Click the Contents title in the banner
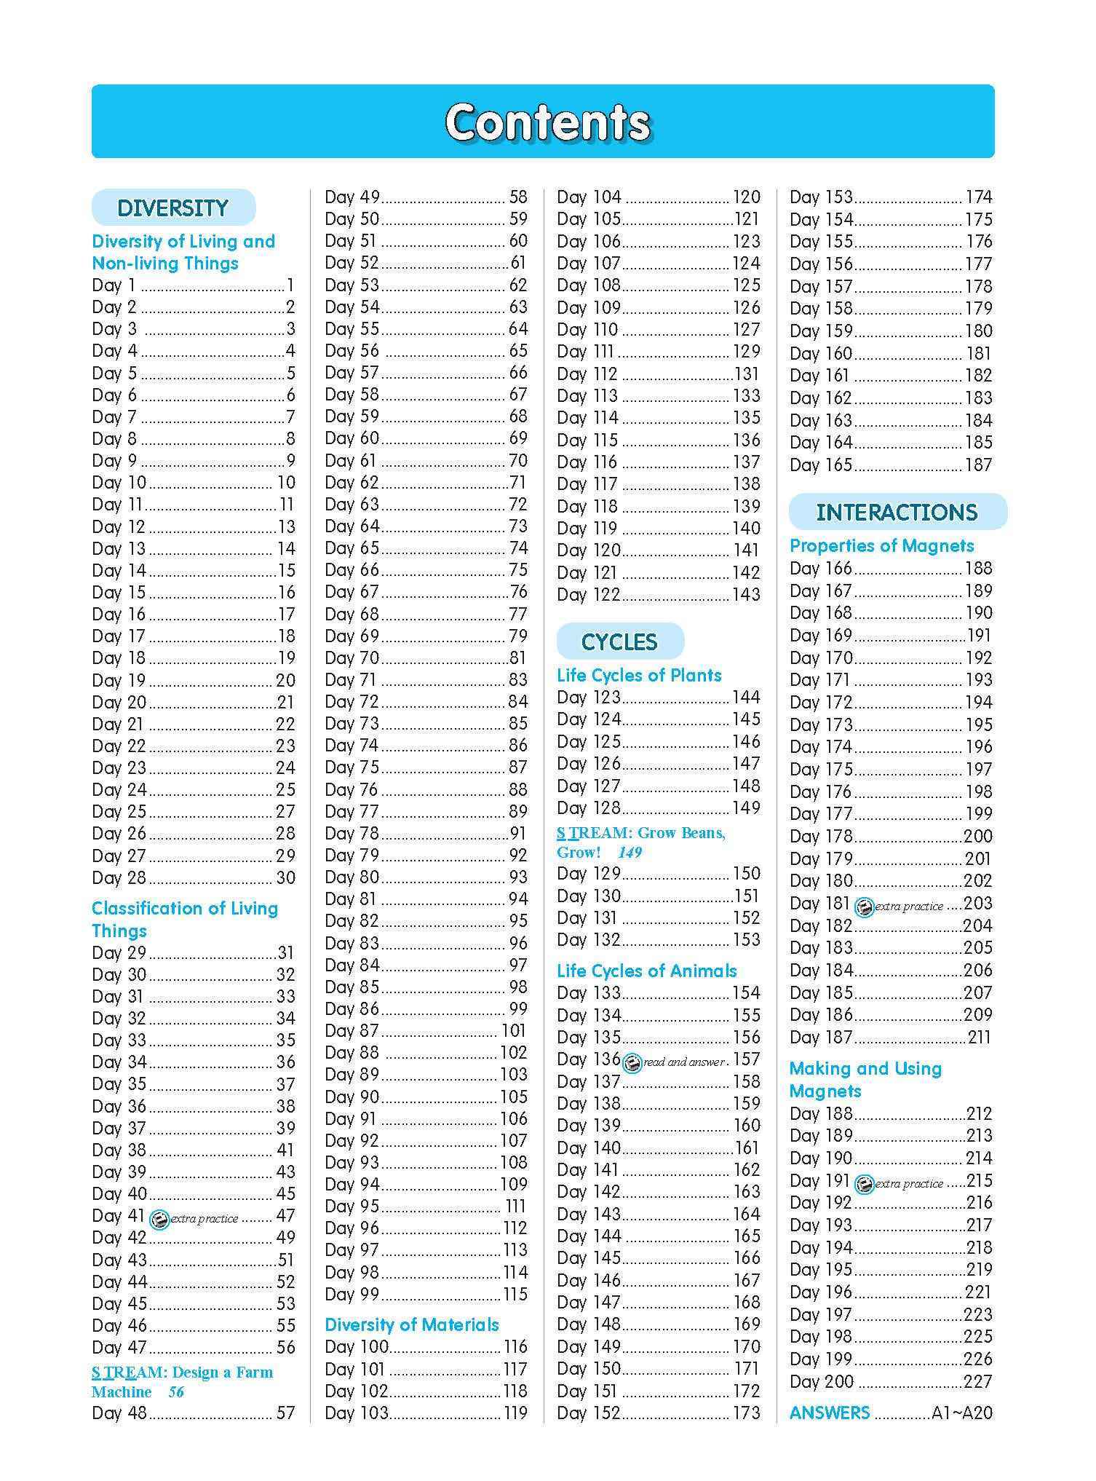tap(547, 122)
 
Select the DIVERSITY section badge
tap(173, 208)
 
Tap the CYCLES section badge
tap(619, 641)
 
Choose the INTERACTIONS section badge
tap(897, 512)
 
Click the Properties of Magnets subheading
tap(881, 545)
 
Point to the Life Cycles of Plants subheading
tap(639, 675)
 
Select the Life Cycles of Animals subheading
tap(646, 971)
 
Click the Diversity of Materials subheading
tap(412, 1324)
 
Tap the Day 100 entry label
tap(357, 1346)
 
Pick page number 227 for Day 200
tap(977, 1381)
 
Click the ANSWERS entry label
tap(830, 1413)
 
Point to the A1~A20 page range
tap(961, 1413)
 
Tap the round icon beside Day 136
tap(632, 1063)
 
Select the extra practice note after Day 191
tap(908, 1184)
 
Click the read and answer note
tap(683, 1062)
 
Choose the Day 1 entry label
tap(114, 285)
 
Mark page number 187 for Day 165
tap(978, 465)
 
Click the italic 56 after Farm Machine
tap(176, 1392)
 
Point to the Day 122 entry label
tap(588, 595)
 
